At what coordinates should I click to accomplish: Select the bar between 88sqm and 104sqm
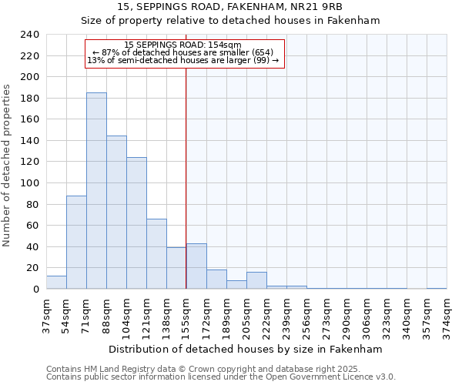[116, 213]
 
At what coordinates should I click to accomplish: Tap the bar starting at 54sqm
[76, 243]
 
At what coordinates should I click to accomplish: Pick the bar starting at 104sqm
[136, 223]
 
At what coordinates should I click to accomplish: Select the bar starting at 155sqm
[196, 266]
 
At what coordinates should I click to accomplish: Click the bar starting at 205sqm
[256, 281]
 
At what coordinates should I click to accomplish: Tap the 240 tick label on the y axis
[29, 35]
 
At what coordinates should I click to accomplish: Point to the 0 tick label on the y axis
[35, 290]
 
